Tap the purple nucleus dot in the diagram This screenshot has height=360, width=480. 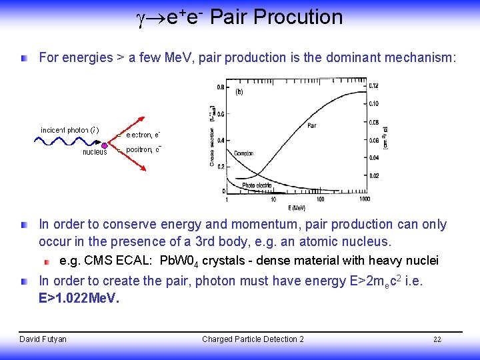[x=104, y=145]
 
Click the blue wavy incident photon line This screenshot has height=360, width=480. [x=67, y=145]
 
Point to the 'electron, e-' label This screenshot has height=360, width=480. [x=143, y=135]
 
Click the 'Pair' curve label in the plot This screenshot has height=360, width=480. [x=311, y=125]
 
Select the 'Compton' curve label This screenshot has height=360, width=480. [x=244, y=153]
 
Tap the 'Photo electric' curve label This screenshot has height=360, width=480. [x=257, y=185]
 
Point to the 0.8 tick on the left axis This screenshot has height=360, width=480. [x=221, y=87]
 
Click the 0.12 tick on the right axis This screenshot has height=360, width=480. [x=374, y=86]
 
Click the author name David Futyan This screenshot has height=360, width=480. [x=43, y=339]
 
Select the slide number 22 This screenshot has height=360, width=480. [x=437, y=339]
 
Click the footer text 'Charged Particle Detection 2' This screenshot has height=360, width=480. [x=253, y=339]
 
